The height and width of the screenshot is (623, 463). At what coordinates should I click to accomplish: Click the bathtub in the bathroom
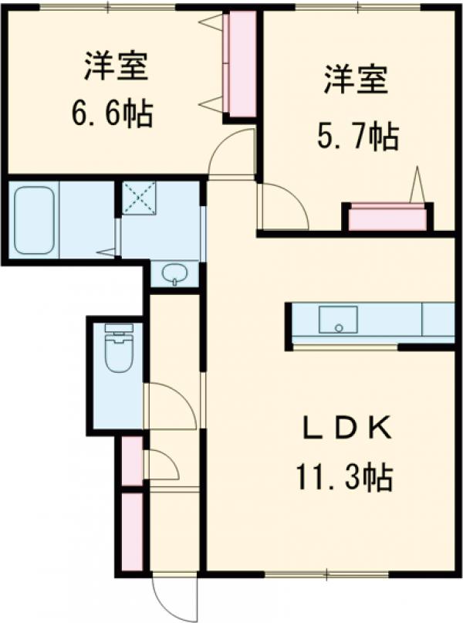[x=34, y=220]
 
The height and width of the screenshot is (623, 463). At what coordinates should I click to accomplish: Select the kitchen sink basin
[x=338, y=320]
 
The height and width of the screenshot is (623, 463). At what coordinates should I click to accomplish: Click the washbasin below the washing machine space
[x=174, y=273]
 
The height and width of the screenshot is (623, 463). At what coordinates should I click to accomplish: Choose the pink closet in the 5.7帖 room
[x=387, y=219]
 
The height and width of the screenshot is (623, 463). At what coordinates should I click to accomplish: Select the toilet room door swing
[x=170, y=406]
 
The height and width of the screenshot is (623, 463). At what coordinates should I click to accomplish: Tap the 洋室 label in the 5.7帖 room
[x=356, y=81]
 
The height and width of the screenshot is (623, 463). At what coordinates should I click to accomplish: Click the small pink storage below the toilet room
[x=132, y=462]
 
